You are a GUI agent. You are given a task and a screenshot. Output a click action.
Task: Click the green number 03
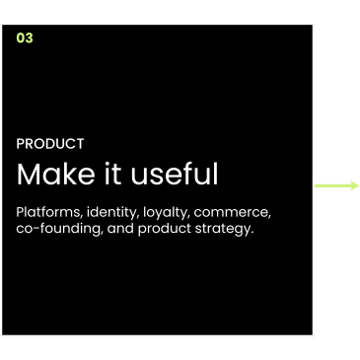(25, 37)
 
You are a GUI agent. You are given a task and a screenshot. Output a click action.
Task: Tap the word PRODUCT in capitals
(50, 144)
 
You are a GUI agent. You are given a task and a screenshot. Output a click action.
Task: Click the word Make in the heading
(56, 174)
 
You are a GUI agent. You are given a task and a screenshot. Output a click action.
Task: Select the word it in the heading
(113, 174)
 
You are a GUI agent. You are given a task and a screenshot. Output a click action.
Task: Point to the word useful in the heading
(175, 174)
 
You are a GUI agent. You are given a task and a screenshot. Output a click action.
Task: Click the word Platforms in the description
(49, 212)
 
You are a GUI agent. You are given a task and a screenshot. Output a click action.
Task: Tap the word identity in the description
(111, 213)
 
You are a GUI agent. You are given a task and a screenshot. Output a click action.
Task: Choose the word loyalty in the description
(167, 213)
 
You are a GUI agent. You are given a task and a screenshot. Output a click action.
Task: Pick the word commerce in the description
(232, 213)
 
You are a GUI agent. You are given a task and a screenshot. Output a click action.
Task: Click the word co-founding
(59, 229)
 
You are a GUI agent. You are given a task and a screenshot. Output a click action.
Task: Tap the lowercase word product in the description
(165, 229)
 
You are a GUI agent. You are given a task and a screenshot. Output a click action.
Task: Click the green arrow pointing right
(336, 185)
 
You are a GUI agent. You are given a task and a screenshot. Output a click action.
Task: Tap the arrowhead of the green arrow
(355, 185)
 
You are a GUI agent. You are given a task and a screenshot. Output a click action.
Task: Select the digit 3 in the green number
(29, 37)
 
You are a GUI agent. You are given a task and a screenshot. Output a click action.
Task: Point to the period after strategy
(252, 233)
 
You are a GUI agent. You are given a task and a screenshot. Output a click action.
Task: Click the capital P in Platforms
(20, 212)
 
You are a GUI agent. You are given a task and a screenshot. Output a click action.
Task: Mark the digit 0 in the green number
(21, 37)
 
